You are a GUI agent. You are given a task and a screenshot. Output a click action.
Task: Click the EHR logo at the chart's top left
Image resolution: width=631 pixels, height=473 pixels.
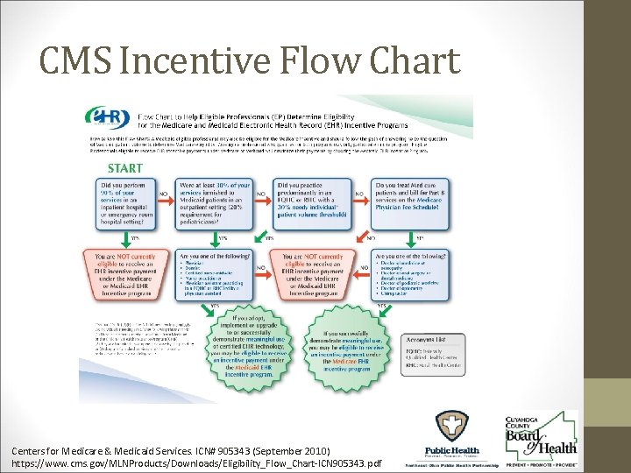pos(106,118)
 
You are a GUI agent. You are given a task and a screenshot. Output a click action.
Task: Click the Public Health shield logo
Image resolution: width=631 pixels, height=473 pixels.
pos(453,433)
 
